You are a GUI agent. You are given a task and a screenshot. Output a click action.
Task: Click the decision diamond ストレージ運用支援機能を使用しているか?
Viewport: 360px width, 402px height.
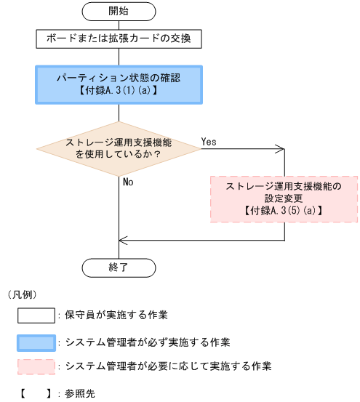tap(118, 149)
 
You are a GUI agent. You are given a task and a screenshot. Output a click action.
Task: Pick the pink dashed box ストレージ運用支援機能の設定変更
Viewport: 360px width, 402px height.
tap(283, 198)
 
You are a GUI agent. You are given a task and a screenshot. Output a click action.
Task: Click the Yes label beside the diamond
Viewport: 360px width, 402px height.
tap(209, 142)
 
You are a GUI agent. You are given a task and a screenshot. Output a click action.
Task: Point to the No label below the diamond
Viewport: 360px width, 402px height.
tap(128, 182)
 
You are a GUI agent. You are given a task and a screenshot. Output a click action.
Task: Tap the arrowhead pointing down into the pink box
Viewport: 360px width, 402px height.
tap(283, 172)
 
